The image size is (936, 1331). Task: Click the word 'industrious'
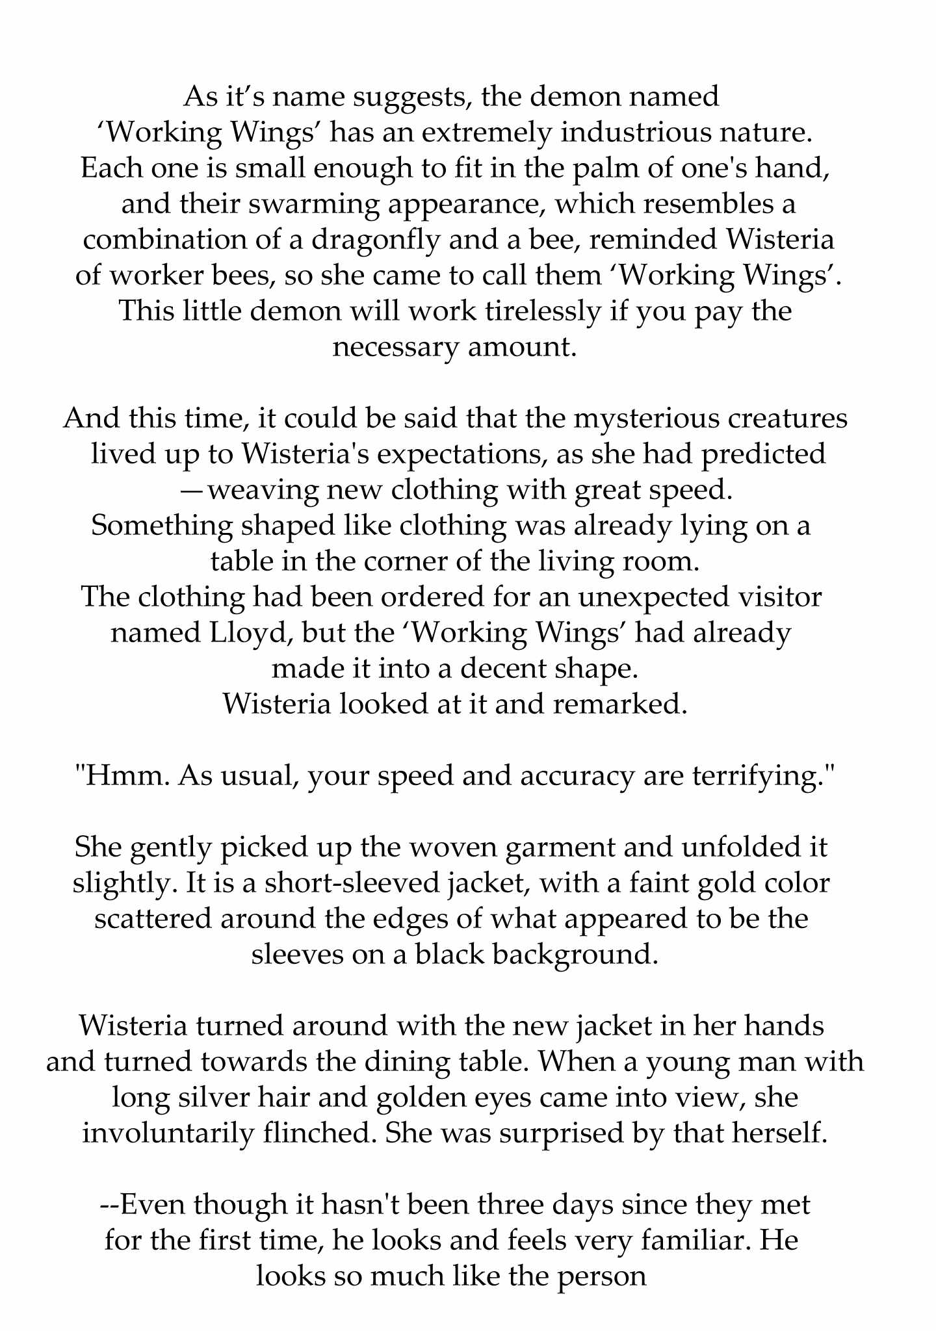tap(626, 133)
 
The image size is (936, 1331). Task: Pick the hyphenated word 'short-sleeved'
tap(361, 883)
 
